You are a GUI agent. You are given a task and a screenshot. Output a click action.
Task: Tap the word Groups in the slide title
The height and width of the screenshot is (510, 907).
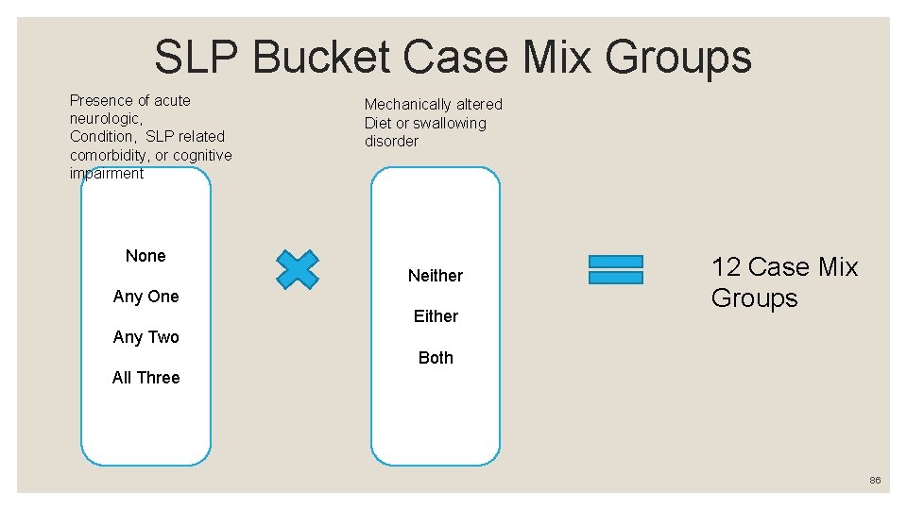(x=678, y=58)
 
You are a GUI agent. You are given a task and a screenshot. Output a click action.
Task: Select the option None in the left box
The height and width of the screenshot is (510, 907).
(x=145, y=256)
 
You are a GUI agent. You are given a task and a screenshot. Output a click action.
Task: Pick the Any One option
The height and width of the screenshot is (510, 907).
(x=145, y=297)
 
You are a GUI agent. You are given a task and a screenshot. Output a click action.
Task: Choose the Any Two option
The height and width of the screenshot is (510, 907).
(x=145, y=337)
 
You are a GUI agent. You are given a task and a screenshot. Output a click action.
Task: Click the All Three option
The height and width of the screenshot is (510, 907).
(x=145, y=378)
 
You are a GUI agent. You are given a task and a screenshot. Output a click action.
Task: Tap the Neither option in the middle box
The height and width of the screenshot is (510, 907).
(x=436, y=276)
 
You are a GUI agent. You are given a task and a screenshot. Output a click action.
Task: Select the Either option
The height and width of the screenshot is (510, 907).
(x=436, y=316)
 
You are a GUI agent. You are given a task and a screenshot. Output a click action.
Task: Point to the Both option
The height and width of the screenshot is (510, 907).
(x=436, y=358)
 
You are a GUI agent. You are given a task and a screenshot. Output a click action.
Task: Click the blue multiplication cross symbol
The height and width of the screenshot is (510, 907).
(x=298, y=269)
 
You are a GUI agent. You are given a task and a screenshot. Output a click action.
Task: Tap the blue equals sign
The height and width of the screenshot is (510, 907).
(x=615, y=269)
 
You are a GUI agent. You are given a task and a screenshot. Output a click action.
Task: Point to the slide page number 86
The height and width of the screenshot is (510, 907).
(x=875, y=481)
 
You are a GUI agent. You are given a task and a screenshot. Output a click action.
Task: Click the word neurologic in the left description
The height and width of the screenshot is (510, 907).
(x=104, y=119)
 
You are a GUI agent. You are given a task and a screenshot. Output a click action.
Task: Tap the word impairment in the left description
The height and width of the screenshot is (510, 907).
(x=107, y=174)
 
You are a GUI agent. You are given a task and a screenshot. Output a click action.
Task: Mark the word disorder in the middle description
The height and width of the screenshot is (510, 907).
(x=391, y=142)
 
